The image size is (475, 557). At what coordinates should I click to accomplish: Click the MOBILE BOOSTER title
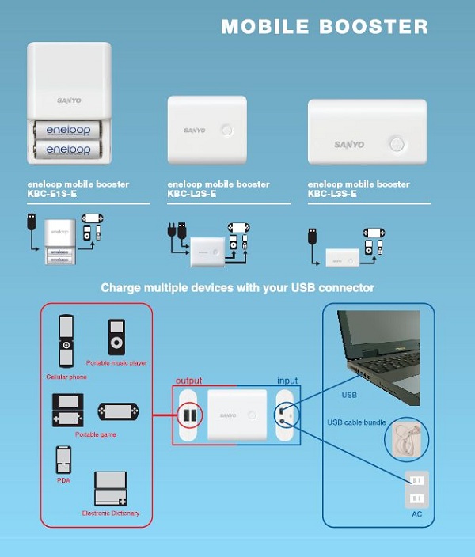[x=325, y=26]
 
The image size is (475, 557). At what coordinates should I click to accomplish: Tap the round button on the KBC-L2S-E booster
[x=228, y=129]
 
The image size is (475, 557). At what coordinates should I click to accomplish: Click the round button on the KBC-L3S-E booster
[x=396, y=144]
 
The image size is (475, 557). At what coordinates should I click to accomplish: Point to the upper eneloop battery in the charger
[x=67, y=129]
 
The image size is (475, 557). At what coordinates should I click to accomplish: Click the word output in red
[x=194, y=381]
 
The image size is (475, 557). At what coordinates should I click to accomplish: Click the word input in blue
[x=287, y=381]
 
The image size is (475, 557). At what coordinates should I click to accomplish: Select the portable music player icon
[x=116, y=338]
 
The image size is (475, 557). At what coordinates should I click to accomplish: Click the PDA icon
[x=64, y=460]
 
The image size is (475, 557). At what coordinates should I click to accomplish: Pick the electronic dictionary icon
[x=110, y=490]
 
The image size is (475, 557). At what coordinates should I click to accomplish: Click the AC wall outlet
[x=416, y=488]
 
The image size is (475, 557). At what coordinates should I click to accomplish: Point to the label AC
[x=416, y=513]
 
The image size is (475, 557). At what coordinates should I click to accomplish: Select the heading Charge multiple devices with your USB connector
[x=237, y=288]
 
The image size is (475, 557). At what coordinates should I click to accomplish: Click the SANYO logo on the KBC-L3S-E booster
[x=348, y=145]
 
